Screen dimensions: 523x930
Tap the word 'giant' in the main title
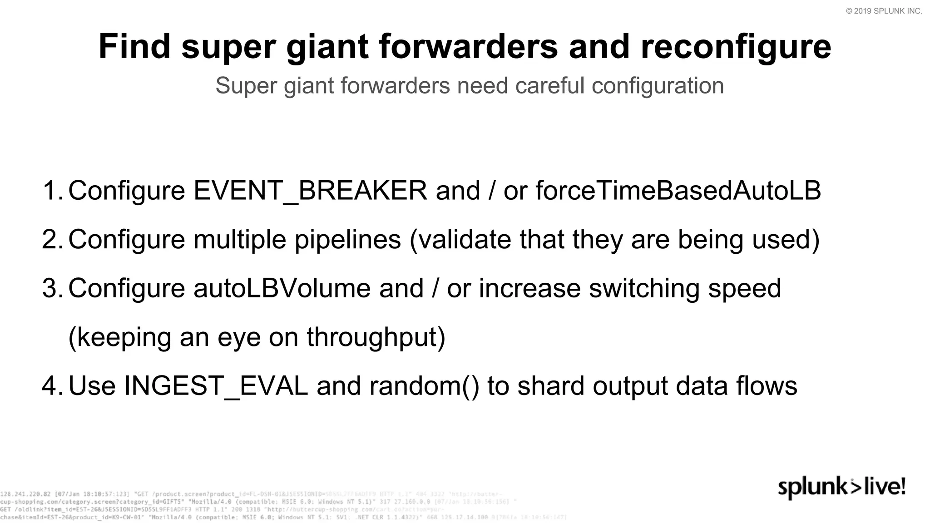coord(327,47)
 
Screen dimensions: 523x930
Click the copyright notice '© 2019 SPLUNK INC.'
coord(884,11)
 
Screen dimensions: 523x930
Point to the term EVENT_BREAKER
coord(310,191)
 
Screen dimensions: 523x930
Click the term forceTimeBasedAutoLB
coord(678,191)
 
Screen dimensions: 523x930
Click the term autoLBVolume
coord(282,288)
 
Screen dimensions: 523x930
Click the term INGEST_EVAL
coord(216,386)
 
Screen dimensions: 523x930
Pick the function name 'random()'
coord(424,386)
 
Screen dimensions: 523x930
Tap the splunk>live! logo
coord(841,488)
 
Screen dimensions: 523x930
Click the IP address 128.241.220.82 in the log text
coord(25,494)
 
